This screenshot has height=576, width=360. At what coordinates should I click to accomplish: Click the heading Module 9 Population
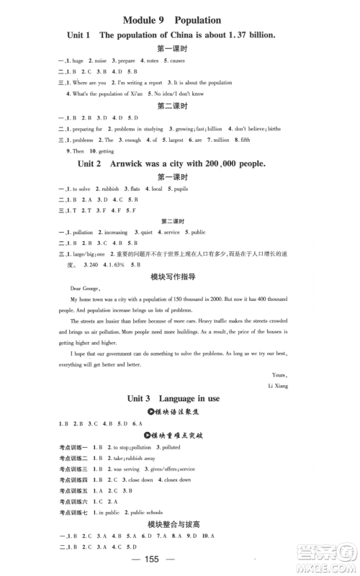[171, 20]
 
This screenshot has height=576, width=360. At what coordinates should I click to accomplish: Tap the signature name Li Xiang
[277, 386]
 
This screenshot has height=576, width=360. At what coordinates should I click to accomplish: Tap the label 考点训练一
[73, 448]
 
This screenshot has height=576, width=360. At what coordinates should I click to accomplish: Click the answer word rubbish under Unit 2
[110, 189]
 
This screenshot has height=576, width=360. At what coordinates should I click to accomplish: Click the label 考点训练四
[73, 480]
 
